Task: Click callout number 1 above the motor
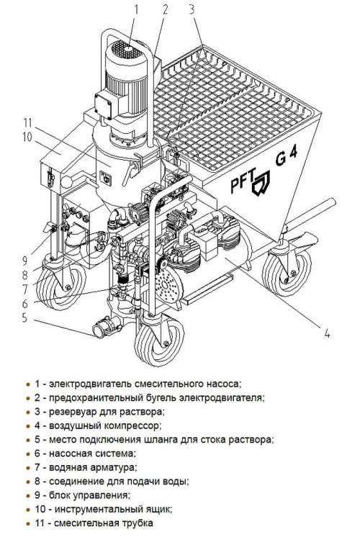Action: pyautogui.click(x=136, y=9)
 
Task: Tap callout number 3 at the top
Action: pyautogui.click(x=192, y=9)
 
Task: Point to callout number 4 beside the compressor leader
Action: pyautogui.click(x=327, y=333)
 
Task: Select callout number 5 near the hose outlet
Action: pyautogui.click(x=24, y=317)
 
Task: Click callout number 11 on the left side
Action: pyautogui.click(x=27, y=122)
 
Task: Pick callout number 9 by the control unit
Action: pyautogui.click(x=24, y=261)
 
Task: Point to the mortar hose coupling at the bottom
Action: pyautogui.click(x=107, y=326)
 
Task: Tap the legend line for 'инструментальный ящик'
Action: pyautogui.click(x=104, y=509)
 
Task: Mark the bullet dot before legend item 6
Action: pyautogui.click(x=28, y=453)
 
